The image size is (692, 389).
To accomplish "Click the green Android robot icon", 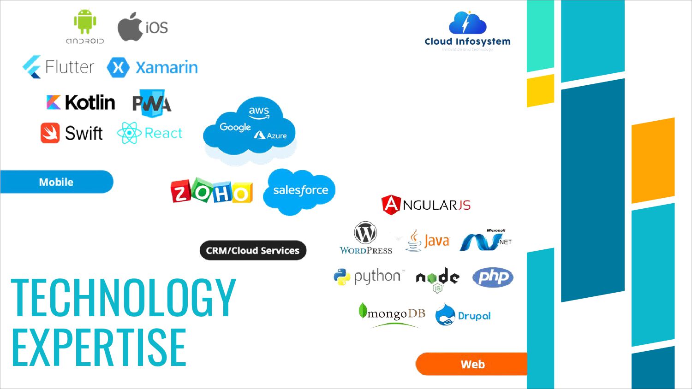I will point(85,22).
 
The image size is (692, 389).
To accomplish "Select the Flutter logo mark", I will point(32,67).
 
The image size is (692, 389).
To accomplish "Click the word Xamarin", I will point(167,68).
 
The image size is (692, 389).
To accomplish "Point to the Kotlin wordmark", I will point(90,102).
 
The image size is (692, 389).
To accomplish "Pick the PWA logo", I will point(151,103).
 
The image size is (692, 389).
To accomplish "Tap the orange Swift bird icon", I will point(50,133).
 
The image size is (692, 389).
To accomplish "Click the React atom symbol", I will point(129,133).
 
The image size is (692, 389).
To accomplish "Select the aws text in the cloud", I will point(259,112).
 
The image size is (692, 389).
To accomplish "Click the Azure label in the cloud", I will point(276,136).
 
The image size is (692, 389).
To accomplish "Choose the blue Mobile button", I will point(56,182).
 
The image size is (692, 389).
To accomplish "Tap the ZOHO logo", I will point(212,191).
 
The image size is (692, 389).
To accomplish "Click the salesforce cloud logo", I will point(300,191).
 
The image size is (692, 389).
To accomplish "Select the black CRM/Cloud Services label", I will point(253,251).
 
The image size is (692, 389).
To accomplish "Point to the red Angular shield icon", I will point(391,205).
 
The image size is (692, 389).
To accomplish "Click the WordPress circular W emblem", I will point(365,233).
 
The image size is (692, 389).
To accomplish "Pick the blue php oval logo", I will point(493,277).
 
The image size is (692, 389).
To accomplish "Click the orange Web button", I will point(472,364).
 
